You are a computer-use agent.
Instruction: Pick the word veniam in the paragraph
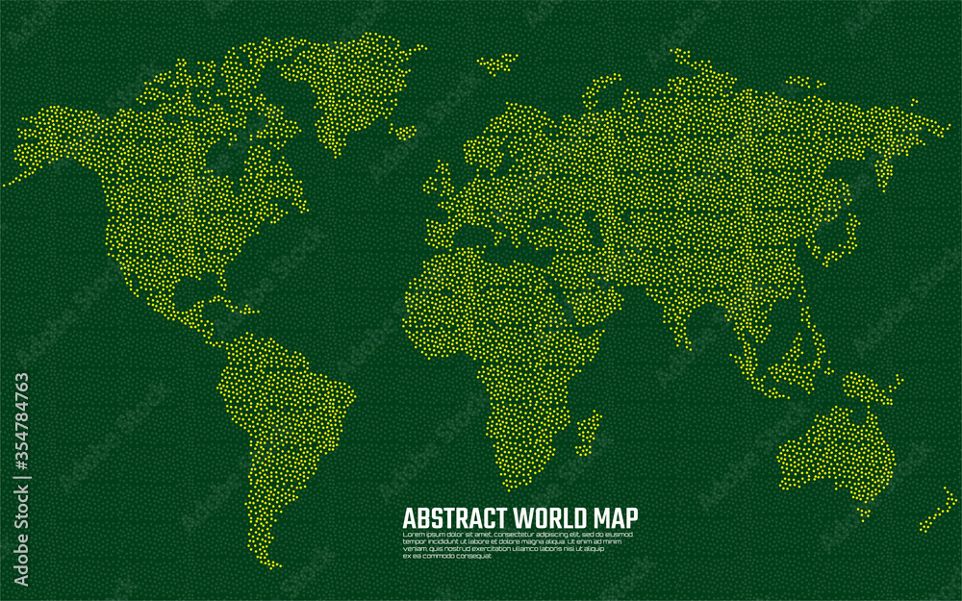click(414, 548)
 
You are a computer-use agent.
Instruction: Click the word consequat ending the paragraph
click(473, 556)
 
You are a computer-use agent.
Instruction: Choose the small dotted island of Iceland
click(496, 65)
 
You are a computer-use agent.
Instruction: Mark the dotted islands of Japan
click(848, 231)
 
